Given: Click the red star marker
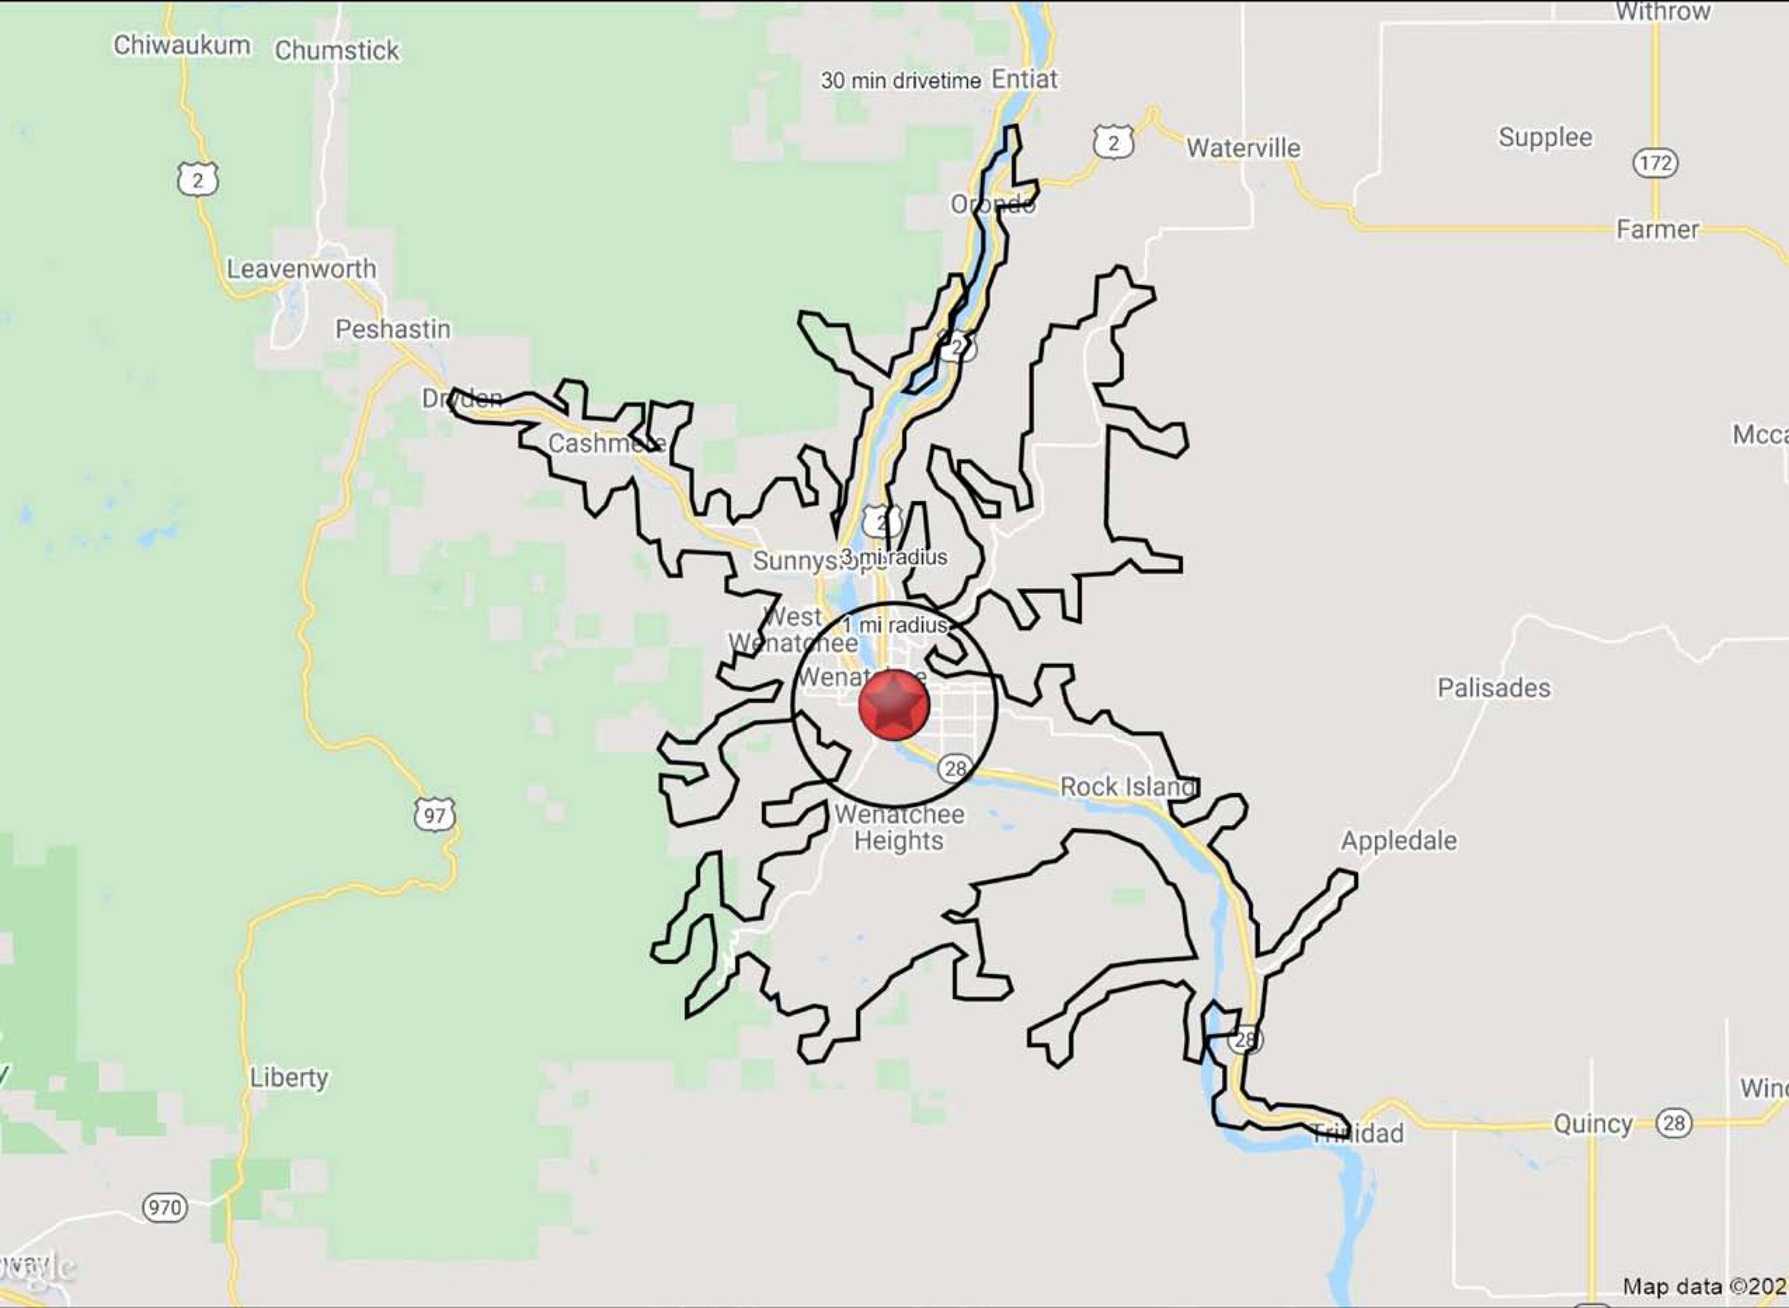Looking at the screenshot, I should [x=894, y=704].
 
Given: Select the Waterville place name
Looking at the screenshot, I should [x=1243, y=148].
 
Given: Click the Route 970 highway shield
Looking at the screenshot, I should [x=165, y=1207].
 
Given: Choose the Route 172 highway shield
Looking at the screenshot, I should [x=1655, y=163].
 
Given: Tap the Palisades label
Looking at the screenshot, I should [x=1493, y=688].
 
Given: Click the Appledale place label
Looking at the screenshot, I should [x=1399, y=840].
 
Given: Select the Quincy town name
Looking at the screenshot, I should [x=1593, y=1123].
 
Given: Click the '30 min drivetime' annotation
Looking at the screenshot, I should [x=900, y=80].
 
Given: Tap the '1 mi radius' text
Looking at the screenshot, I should [x=895, y=625].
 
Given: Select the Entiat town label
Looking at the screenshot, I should [x=1025, y=79].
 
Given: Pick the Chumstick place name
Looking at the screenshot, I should [x=337, y=50].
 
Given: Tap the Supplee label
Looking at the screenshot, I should [x=1544, y=137].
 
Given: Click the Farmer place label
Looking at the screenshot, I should [x=1657, y=230].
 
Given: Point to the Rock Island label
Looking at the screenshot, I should [x=1127, y=786].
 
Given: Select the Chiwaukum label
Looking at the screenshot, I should [x=182, y=45].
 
